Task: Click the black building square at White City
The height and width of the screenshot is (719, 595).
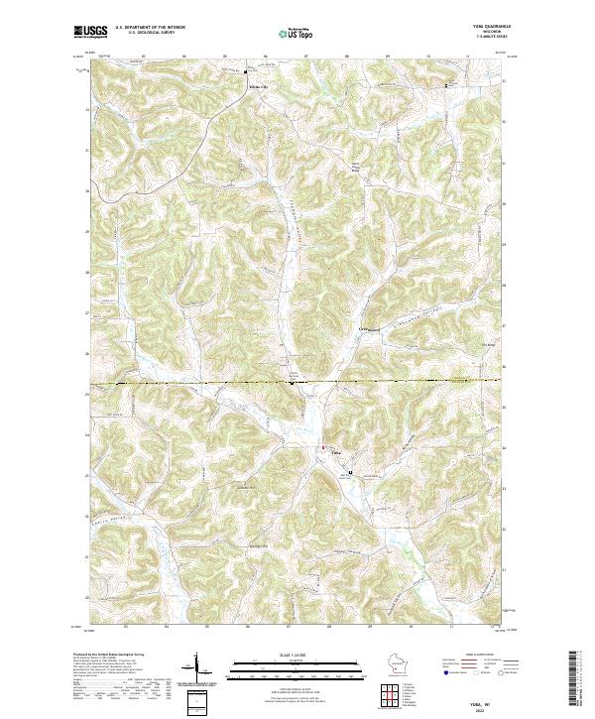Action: click(x=247, y=70)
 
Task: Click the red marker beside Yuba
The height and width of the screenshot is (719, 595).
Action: click(x=320, y=449)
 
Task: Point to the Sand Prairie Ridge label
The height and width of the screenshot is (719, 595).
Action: click(x=354, y=166)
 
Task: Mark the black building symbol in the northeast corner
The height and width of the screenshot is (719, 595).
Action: click(x=445, y=86)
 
